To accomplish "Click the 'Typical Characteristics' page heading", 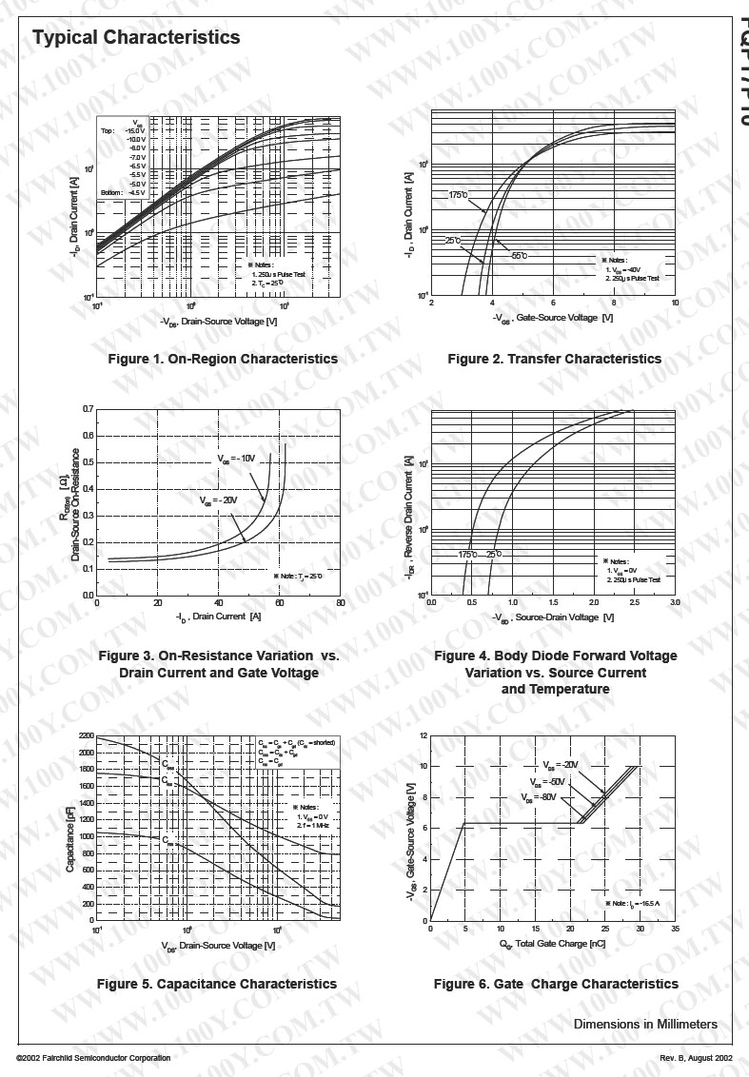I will [x=136, y=38].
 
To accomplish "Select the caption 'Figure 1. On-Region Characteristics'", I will [x=223, y=359].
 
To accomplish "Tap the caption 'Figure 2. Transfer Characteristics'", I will [x=554, y=359].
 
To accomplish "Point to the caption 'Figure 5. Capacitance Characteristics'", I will [x=217, y=984].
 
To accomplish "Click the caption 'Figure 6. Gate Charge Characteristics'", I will [x=556, y=984].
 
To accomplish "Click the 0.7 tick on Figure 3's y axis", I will [x=88, y=409].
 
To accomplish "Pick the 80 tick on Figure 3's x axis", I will [x=340, y=603].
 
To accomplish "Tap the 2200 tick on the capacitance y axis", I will [x=87, y=736].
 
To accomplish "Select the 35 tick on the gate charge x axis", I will [x=675, y=929].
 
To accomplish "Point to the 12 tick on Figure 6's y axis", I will [x=422, y=736].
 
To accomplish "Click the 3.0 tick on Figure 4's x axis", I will [x=675, y=603].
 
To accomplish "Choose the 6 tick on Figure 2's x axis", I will [x=553, y=303].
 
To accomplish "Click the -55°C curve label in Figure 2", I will [x=519, y=256].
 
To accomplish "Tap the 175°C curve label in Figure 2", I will [x=459, y=195].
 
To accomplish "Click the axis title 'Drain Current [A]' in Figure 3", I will [x=218, y=617].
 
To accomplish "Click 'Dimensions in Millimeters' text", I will [x=645, y=1025].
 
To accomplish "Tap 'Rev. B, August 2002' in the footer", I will [x=696, y=1058].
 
